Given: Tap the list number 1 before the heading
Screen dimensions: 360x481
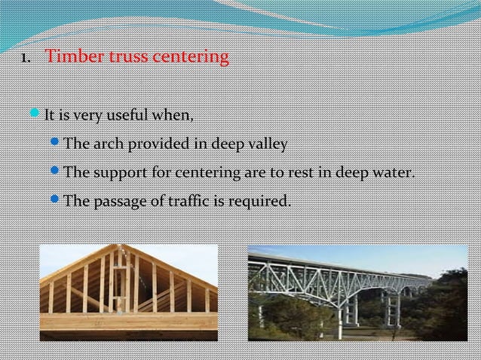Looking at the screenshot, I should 24,58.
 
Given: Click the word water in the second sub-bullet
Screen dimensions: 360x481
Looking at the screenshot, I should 394,172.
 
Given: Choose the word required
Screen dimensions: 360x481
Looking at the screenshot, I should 262,201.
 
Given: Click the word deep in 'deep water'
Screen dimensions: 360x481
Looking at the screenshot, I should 353,173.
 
